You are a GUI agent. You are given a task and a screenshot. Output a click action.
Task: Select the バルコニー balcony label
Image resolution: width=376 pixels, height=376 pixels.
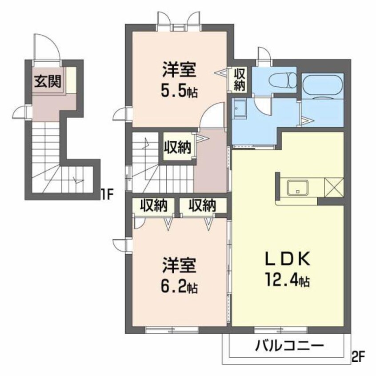pos(289,346)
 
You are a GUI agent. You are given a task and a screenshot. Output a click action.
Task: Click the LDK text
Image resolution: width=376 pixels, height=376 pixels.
pos(285,259)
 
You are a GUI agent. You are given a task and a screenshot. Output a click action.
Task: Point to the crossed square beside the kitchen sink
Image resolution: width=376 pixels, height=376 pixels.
pos(335,186)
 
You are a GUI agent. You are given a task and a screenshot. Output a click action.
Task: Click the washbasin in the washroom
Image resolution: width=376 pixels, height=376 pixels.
pos(240,109)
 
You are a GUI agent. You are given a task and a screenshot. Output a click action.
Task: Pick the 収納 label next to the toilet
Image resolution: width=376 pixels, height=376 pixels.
pos(240,80)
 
